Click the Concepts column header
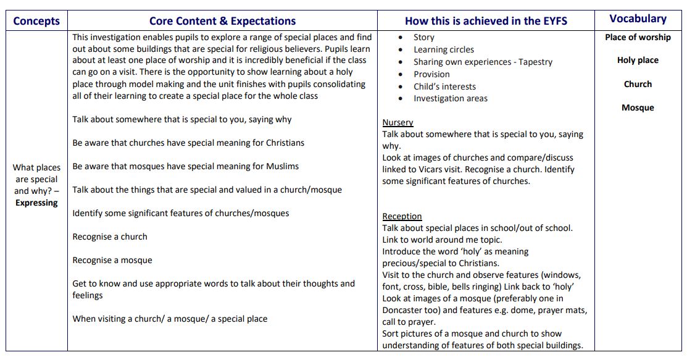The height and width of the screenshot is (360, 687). pyautogui.click(x=36, y=21)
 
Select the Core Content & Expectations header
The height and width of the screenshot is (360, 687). pyautogui.click(x=222, y=21)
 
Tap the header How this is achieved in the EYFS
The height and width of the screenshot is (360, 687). pyautogui.click(x=486, y=21)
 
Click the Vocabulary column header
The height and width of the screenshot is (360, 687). pyautogui.click(x=638, y=19)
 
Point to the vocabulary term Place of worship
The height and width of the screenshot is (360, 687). pyautogui.click(x=638, y=37)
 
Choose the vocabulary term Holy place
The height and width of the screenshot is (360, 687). pyautogui.click(x=638, y=61)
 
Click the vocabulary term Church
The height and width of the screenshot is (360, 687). pyautogui.click(x=638, y=84)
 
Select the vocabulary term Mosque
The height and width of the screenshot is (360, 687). pyautogui.click(x=638, y=107)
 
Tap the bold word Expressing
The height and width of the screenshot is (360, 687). pyautogui.click(x=36, y=203)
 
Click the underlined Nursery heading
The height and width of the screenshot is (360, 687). pyautogui.click(x=398, y=122)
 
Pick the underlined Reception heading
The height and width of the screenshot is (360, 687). pyautogui.click(x=402, y=216)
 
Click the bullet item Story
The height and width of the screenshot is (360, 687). pyautogui.click(x=424, y=38)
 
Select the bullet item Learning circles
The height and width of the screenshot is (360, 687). pyautogui.click(x=444, y=49)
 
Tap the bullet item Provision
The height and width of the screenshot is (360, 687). pyautogui.click(x=431, y=74)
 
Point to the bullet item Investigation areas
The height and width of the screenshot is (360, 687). pyautogui.click(x=450, y=98)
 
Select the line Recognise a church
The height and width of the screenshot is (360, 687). pyautogui.click(x=110, y=237)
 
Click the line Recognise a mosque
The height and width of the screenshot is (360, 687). pyautogui.click(x=112, y=260)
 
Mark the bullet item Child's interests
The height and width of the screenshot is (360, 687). pyautogui.click(x=444, y=86)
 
